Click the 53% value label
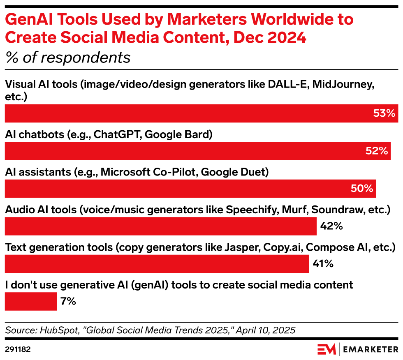[x=384, y=113]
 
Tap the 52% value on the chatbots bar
[x=377, y=151]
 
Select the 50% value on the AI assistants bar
[x=361, y=189]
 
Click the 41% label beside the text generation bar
[x=323, y=264]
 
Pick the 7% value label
[x=68, y=301]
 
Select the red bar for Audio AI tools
[x=160, y=226]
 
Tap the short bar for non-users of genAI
[x=30, y=301]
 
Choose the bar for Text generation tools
[x=156, y=264]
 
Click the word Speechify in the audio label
[x=252, y=210]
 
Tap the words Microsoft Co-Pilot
[x=149, y=172]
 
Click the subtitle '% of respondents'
[x=67, y=58]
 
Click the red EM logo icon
[x=327, y=349]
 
